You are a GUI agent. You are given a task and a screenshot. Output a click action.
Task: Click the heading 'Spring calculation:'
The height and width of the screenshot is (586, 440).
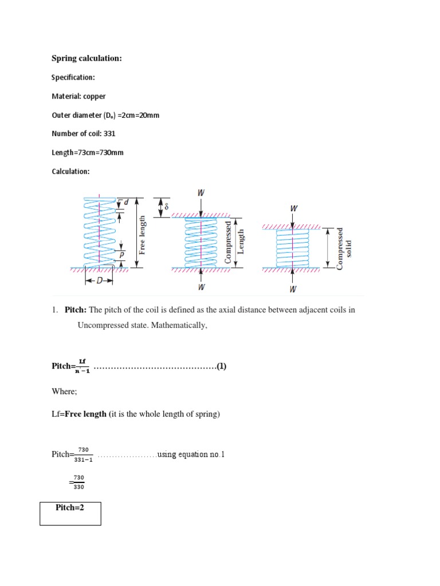[87, 58]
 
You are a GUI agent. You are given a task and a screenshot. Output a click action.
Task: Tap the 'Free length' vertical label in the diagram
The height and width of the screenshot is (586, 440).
[143, 235]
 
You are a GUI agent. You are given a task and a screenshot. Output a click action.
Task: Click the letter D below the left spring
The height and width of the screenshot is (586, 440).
[99, 281]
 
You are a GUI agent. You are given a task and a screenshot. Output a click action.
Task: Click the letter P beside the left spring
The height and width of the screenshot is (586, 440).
[121, 254]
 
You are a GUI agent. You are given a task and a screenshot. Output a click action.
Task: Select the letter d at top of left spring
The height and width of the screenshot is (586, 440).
[126, 202]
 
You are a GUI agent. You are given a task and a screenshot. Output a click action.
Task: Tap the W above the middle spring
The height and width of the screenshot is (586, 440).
[201, 193]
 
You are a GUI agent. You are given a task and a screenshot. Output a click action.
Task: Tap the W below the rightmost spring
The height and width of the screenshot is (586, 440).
[293, 288]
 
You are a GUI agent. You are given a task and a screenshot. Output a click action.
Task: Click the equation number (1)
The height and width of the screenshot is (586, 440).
[221, 366]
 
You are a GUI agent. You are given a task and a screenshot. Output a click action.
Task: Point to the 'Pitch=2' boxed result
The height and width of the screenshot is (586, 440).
[70, 508]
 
